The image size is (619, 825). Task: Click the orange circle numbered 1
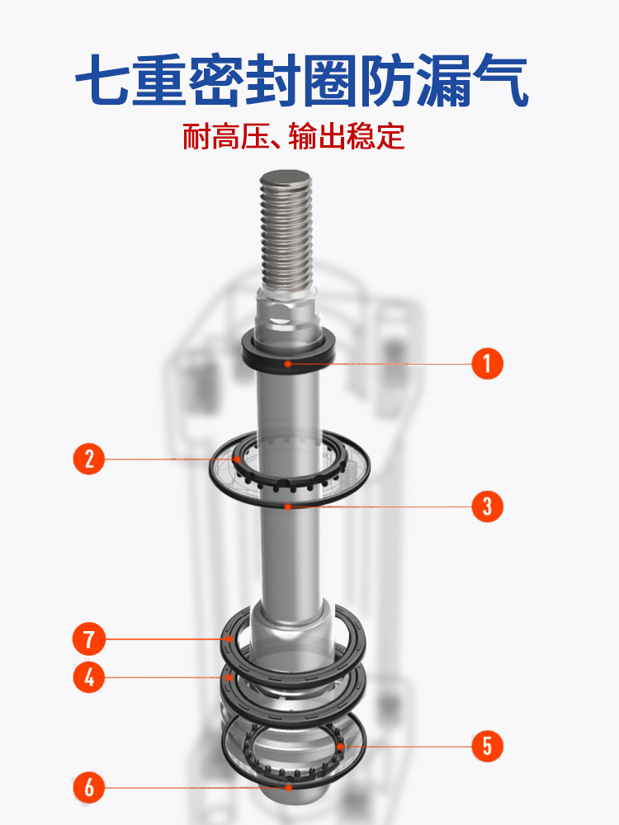coord(487,363)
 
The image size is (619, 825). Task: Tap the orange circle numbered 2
coord(89,458)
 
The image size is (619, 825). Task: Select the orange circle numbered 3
coord(487,506)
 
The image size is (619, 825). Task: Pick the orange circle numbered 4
coord(89,677)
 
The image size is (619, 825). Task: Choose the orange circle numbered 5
coord(487,747)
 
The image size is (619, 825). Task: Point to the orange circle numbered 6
coord(89,787)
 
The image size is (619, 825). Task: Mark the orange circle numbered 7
coord(89,639)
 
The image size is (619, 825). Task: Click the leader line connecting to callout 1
coord(380,363)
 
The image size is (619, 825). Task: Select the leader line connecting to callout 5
coord(413,747)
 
